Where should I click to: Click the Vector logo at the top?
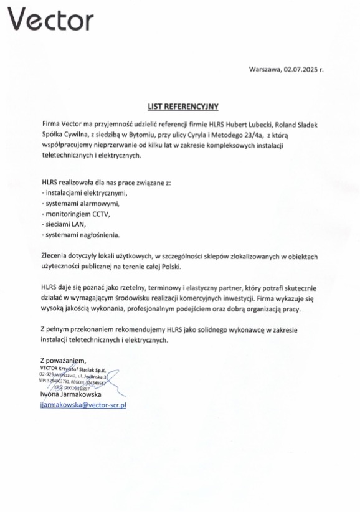pyautogui.click(x=50, y=20)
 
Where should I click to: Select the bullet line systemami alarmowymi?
pyautogui.click(x=78, y=203)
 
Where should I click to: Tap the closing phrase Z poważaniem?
pyautogui.click(x=62, y=361)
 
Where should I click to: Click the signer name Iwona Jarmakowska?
pyautogui.click(x=70, y=394)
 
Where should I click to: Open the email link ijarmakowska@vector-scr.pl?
pyautogui.click(x=83, y=405)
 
